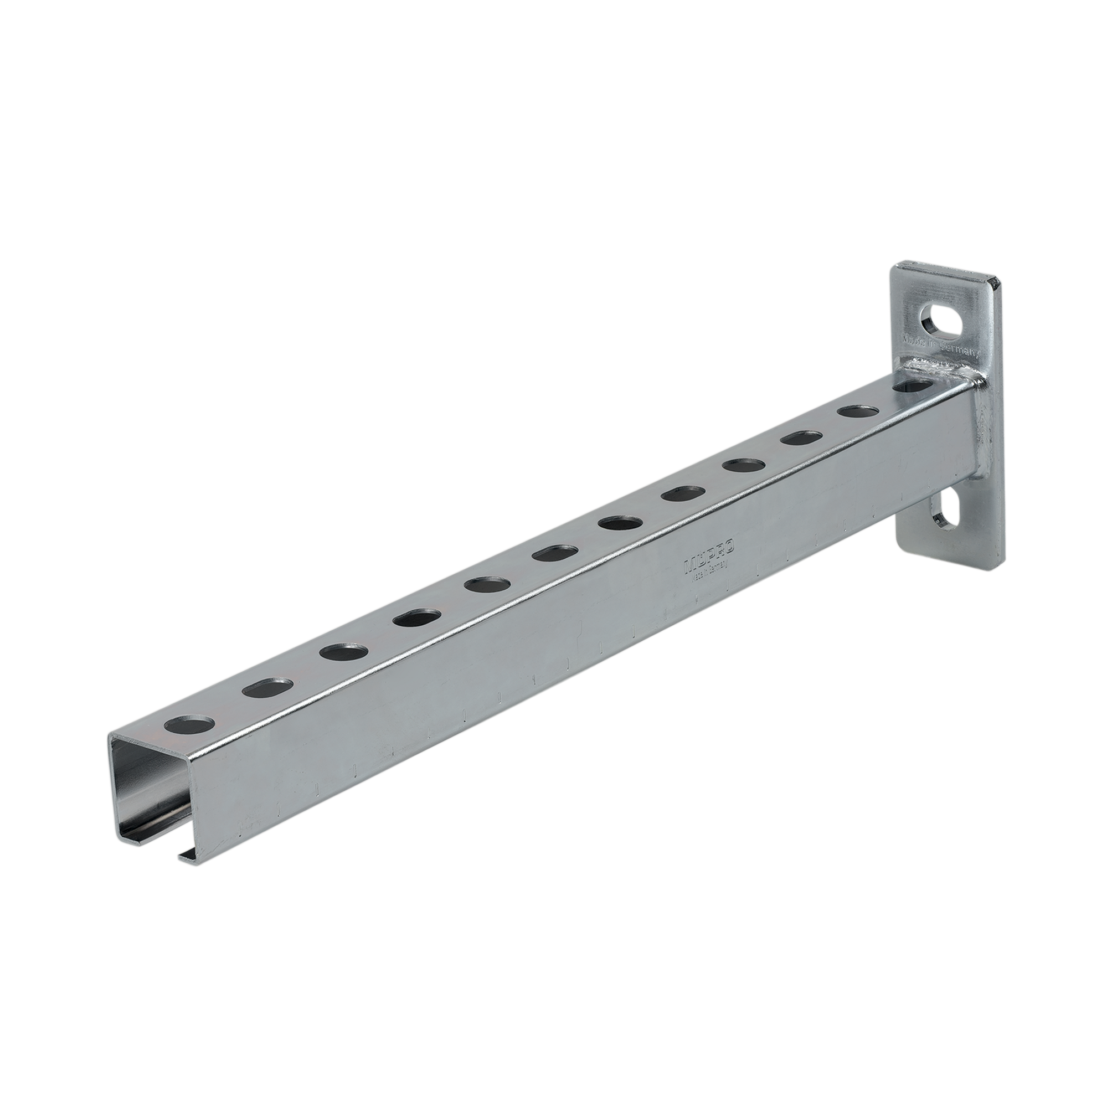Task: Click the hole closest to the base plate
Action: point(917,387)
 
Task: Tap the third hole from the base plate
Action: point(800,439)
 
